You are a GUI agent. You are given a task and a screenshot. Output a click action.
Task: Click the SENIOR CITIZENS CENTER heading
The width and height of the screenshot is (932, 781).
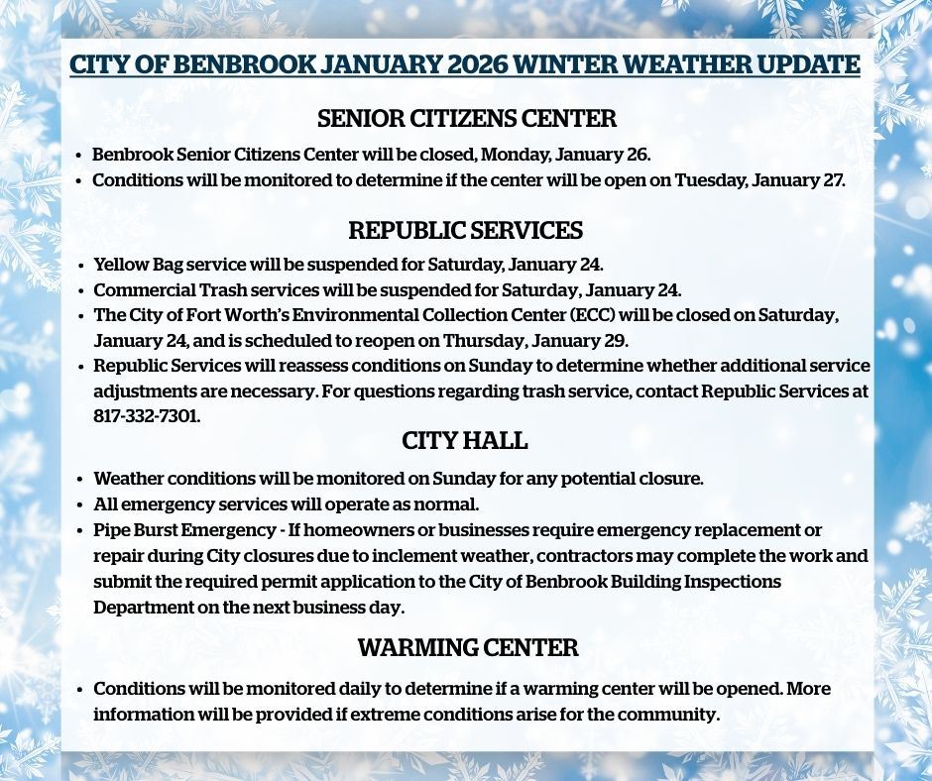pos(466,119)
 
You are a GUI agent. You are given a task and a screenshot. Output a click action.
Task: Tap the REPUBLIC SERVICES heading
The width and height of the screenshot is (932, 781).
pos(466,231)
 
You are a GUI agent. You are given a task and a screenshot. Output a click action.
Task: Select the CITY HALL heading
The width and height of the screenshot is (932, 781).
pos(465,440)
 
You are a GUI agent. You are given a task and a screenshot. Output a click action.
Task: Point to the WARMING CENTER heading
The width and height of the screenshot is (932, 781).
pos(467,648)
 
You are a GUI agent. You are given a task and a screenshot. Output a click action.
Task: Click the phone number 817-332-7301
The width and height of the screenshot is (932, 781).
pos(147,416)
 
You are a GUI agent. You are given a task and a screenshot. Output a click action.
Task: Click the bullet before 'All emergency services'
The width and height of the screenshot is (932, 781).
pos(80,505)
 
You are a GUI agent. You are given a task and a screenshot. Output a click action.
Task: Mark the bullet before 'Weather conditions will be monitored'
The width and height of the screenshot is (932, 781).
pos(80,480)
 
